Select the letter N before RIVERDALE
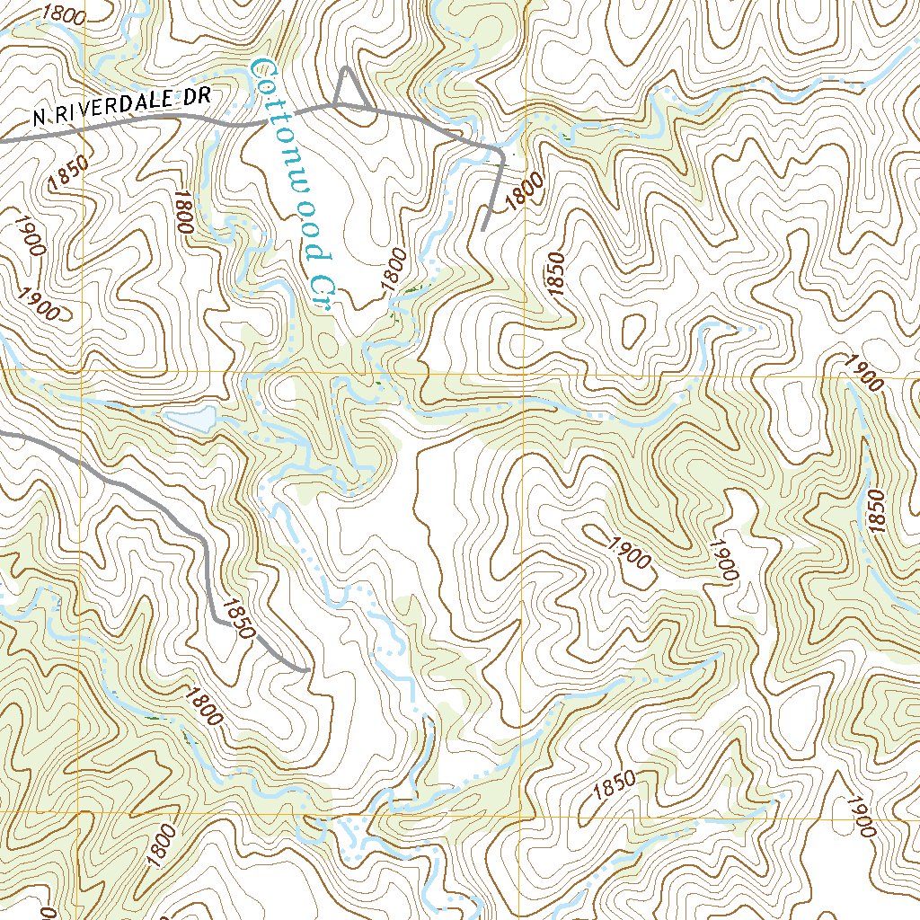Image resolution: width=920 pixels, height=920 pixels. pos(39,118)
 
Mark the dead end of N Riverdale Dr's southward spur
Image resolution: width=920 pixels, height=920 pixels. pos(482,230)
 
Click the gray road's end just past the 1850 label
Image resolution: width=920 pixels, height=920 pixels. pos(307,669)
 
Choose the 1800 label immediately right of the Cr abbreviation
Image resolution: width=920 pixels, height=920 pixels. pos(393,267)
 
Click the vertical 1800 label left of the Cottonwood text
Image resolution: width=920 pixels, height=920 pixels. pos(184,213)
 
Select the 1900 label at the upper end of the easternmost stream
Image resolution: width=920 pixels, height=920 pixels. pos(863,370)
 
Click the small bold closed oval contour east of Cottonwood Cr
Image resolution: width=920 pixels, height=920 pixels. pos(633,329)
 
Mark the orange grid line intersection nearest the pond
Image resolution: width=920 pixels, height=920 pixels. pos(83,370)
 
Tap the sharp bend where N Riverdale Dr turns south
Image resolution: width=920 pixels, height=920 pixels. pos(500,152)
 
